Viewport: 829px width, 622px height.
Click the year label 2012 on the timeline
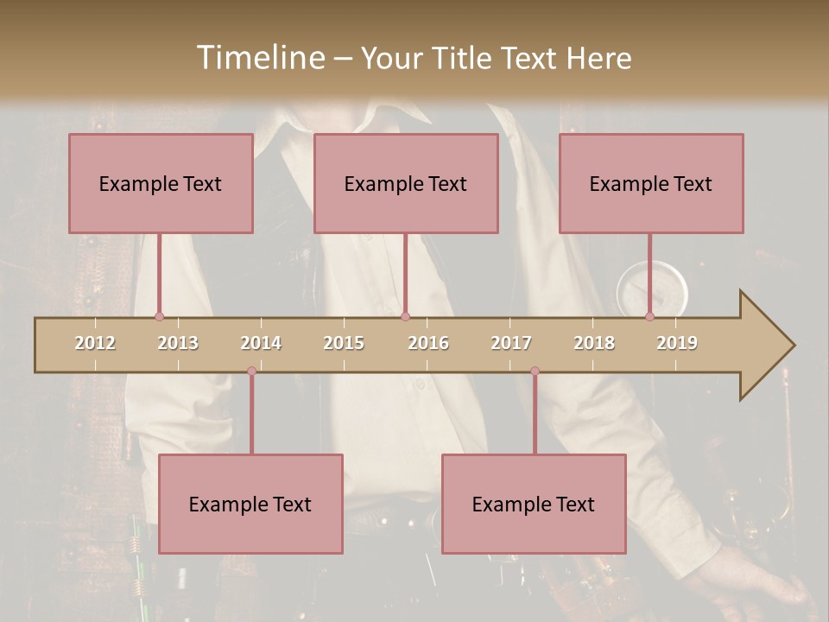coord(95,343)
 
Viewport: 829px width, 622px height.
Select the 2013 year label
coord(178,343)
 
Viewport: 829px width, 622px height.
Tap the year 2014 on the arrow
coord(261,343)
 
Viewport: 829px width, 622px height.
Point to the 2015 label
coord(344,343)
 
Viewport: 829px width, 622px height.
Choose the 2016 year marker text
coord(428,343)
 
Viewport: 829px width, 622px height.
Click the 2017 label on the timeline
coord(511,343)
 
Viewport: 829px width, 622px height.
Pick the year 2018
coord(594,343)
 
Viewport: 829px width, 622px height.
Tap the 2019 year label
coord(677,343)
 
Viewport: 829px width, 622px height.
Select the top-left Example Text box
coord(161,183)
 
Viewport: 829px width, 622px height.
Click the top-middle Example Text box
coord(406,183)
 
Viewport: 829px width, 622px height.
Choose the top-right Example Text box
coord(651,183)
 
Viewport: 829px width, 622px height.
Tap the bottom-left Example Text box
coord(250,504)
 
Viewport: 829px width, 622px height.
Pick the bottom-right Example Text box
coord(534,504)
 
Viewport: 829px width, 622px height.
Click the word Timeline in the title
coord(259,58)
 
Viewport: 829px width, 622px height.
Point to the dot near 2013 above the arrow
coord(159,317)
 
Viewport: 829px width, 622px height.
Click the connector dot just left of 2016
coord(405,317)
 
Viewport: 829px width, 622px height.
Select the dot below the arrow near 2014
coord(251,371)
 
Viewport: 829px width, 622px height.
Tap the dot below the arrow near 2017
coord(535,371)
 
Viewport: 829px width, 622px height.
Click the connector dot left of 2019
coord(649,317)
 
